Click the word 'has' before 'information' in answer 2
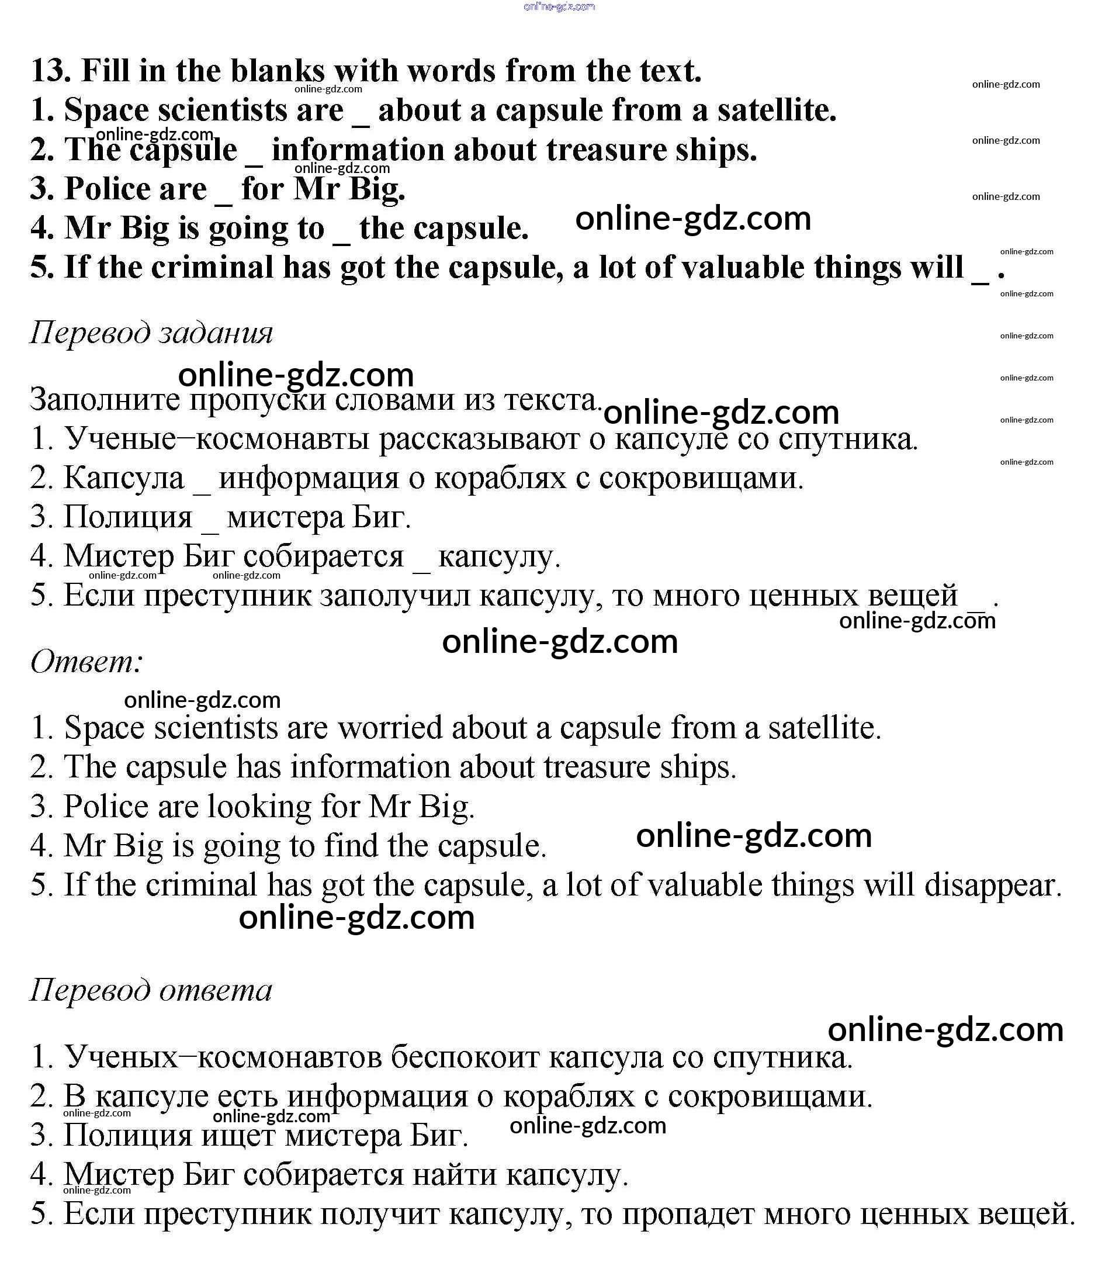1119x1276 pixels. point(258,767)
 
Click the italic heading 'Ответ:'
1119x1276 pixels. point(86,662)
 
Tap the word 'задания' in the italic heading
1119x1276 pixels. point(215,333)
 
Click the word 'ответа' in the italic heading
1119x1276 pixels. point(215,990)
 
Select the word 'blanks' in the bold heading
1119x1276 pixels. point(277,70)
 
